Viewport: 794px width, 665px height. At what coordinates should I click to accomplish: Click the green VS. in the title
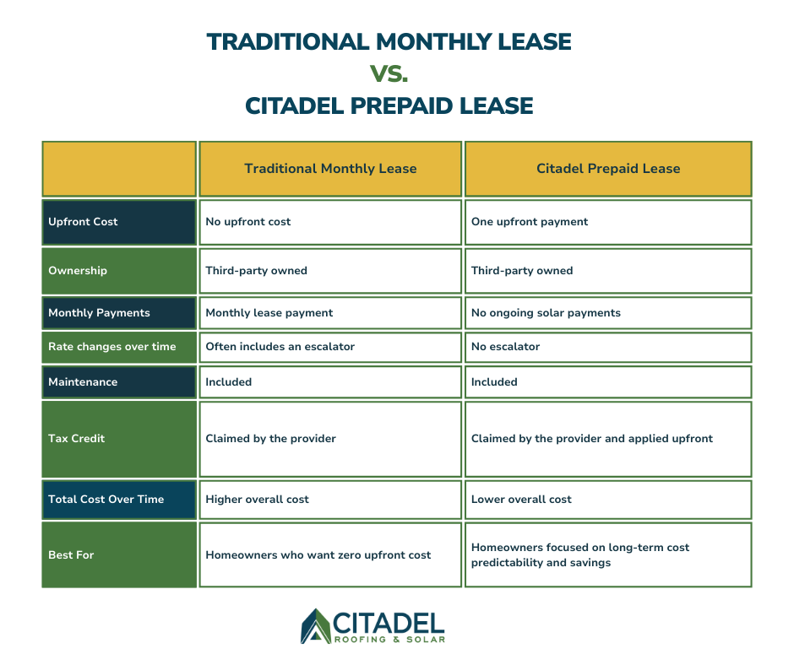(x=389, y=73)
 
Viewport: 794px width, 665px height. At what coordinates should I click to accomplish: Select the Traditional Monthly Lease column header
(x=330, y=169)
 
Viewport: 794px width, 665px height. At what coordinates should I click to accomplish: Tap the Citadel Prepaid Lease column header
(x=607, y=169)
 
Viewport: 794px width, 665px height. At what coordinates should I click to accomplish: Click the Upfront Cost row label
(x=83, y=222)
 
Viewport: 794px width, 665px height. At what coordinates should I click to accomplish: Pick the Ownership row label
(x=77, y=271)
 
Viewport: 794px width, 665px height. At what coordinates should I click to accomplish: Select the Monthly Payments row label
(x=99, y=313)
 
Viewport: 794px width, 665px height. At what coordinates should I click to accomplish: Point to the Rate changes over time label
(x=111, y=347)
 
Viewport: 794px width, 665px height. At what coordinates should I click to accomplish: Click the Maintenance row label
(x=83, y=382)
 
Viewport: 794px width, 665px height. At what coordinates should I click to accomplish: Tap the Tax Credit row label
(x=76, y=439)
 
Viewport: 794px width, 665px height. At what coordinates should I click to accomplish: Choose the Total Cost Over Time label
(x=106, y=500)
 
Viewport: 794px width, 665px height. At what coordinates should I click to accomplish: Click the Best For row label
(x=71, y=555)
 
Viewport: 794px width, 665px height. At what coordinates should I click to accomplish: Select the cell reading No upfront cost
(x=248, y=222)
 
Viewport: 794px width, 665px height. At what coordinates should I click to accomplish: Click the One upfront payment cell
(x=530, y=222)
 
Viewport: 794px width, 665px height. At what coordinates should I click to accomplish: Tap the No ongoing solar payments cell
(x=546, y=313)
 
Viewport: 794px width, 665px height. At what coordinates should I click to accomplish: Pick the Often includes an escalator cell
(x=280, y=347)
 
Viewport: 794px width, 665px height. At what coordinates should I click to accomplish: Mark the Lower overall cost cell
(x=521, y=500)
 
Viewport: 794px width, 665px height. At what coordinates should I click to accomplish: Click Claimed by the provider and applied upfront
(x=591, y=439)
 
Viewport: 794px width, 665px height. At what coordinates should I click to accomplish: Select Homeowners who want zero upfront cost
(x=318, y=555)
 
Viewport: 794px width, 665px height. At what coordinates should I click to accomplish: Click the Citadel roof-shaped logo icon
(x=316, y=626)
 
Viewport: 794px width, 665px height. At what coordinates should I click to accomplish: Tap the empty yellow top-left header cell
(x=119, y=169)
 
